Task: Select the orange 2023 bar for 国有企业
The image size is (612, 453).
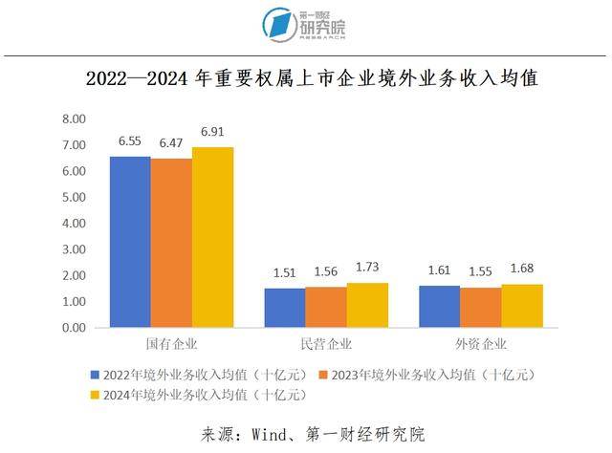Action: (171, 243)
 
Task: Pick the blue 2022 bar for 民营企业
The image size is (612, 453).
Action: (285, 308)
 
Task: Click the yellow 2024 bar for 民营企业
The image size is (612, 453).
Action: (367, 305)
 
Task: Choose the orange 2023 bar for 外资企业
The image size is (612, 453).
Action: (481, 308)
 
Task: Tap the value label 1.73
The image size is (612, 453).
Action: (367, 268)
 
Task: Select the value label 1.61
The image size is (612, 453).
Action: (440, 271)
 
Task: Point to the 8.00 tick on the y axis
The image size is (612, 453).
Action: (73, 119)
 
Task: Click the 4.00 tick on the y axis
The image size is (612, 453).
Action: (73, 224)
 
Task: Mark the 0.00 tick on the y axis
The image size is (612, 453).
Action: (73, 328)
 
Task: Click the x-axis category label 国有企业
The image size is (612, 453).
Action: (172, 343)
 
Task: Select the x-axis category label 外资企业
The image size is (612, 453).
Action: (481, 343)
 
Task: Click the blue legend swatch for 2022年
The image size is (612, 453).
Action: (96, 374)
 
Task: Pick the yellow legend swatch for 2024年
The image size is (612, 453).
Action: (96, 394)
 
